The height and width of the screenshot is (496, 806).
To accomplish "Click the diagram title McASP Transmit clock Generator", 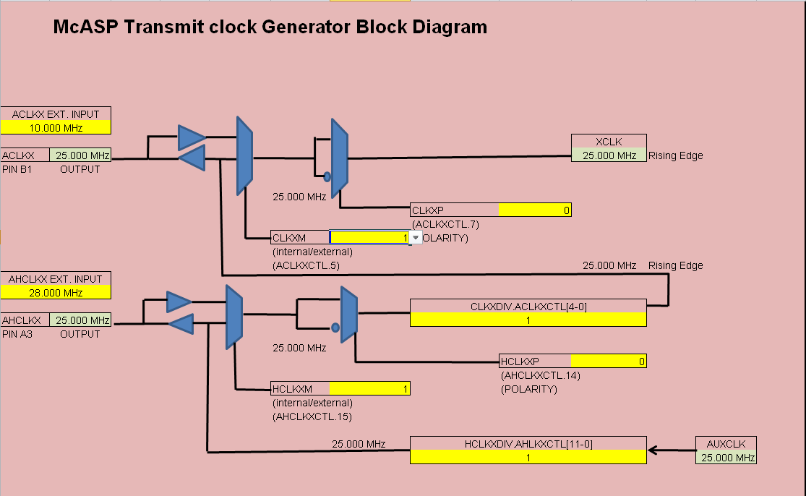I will click(270, 27).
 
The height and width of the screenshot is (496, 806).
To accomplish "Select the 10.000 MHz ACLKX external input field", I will click(56, 128).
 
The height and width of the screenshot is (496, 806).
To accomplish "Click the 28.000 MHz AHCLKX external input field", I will click(56, 293).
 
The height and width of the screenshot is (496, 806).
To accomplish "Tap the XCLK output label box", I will click(609, 142).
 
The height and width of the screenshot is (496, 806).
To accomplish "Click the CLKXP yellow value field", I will click(534, 210).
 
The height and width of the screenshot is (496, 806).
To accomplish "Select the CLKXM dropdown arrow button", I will click(416, 238).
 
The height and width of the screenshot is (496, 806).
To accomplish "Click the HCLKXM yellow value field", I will click(369, 389).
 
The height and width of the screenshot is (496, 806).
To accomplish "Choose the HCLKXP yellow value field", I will click(608, 362).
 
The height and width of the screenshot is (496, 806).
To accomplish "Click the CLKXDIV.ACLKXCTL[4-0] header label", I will click(528, 307).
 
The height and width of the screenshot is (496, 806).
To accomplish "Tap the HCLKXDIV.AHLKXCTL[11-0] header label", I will click(528, 444).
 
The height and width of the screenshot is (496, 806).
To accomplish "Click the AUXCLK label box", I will click(726, 444).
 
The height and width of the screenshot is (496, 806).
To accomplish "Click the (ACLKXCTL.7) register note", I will click(445, 224).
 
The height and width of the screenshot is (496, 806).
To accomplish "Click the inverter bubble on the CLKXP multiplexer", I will click(327, 176).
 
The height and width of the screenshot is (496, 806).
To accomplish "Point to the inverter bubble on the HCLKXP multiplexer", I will click(335, 328).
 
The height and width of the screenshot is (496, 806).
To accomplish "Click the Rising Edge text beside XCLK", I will click(676, 155).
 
